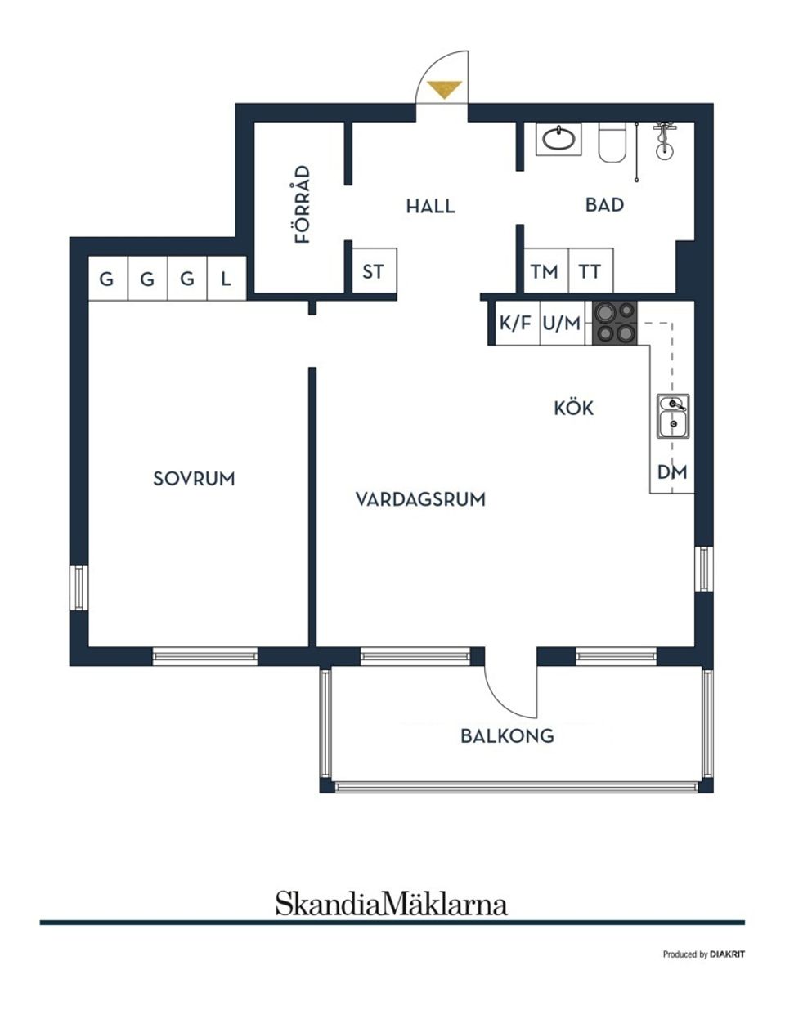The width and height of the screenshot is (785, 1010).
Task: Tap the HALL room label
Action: (x=430, y=206)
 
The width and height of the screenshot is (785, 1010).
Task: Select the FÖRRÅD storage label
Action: (x=303, y=204)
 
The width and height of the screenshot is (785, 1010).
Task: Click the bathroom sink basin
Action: (x=559, y=139)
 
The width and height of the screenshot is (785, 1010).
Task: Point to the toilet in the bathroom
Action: (x=612, y=143)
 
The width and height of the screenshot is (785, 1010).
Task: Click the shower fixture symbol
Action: (x=664, y=139)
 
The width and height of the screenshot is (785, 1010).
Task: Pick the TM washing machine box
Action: (x=545, y=271)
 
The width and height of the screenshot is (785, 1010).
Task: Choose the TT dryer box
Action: (x=590, y=271)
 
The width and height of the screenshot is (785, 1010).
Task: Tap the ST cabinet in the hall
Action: (x=374, y=271)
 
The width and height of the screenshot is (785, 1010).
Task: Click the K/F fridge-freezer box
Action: (x=514, y=324)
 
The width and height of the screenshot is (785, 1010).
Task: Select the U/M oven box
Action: (x=562, y=324)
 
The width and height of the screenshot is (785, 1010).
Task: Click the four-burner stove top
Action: (x=614, y=322)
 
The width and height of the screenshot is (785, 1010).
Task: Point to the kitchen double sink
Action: (x=672, y=416)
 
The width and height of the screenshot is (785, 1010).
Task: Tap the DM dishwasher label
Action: (x=672, y=472)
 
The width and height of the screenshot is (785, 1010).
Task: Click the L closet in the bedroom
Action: (x=226, y=279)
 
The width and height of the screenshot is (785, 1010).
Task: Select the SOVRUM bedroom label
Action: (x=194, y=479)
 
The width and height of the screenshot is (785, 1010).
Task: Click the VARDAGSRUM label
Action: (x=420, y=499)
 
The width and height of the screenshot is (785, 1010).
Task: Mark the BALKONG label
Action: (x=507, y=735)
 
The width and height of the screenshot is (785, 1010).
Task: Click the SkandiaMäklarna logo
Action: (x=391, y=904)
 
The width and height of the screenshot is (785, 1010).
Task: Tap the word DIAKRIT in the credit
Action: (x=727, y=954)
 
